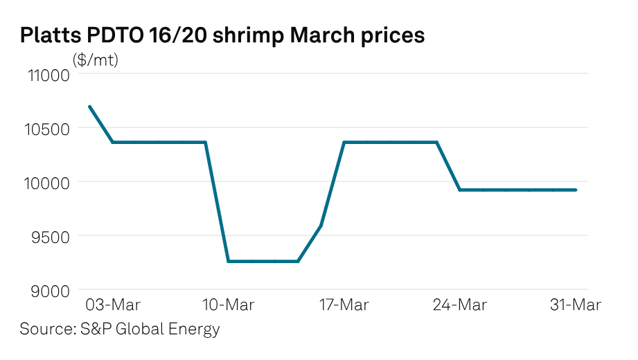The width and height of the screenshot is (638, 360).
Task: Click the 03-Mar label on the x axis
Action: tap(113, 305)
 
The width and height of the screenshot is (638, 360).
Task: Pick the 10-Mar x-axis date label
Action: tap(229, 305)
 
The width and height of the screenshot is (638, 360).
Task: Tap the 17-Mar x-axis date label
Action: tap(344, 305)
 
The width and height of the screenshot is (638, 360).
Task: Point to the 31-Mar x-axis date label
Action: tap(576, 305)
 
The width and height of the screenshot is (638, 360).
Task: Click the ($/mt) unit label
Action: tap(96, 60)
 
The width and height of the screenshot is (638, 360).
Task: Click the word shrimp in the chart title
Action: tap(229, 36)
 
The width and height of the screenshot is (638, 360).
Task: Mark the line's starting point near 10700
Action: tap(90, 107)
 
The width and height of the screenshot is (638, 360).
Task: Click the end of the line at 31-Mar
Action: tap(576, 190)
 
